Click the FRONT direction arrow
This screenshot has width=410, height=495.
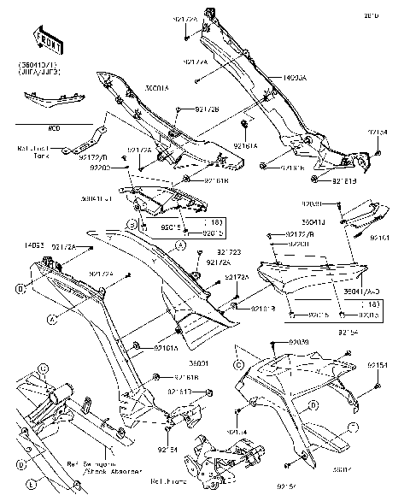[x=48, y=39]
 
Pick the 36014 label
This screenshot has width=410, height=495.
[x=342, y=468]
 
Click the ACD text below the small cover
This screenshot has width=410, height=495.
[x=53, y=128]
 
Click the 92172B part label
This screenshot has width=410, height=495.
[x=202, y=109]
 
